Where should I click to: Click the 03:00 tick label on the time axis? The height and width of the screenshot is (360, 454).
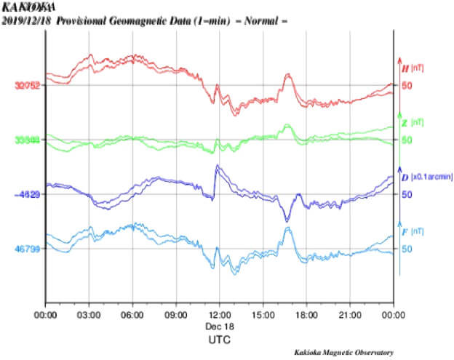89,315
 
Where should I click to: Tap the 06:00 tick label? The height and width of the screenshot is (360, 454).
132,315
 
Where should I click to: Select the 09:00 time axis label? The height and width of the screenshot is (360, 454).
176,315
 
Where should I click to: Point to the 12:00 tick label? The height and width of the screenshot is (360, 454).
220,315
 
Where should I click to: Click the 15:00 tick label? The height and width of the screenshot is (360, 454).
263,315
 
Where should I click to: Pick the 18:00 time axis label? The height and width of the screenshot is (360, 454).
306,315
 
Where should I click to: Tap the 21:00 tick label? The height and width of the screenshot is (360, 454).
350,315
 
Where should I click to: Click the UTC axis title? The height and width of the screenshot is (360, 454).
220,339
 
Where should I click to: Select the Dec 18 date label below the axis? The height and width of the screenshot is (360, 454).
220,327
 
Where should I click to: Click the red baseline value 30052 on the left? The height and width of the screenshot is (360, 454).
28,85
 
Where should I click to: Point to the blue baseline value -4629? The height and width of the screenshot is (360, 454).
27,194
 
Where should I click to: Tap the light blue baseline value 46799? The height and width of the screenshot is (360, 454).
28,249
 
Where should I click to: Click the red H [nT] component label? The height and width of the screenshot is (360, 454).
413,68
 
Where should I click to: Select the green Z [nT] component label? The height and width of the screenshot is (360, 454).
413,123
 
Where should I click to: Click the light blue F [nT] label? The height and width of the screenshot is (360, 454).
413,232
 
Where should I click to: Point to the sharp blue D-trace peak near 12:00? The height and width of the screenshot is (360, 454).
217,167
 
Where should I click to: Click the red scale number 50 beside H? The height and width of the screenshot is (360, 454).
407,85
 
